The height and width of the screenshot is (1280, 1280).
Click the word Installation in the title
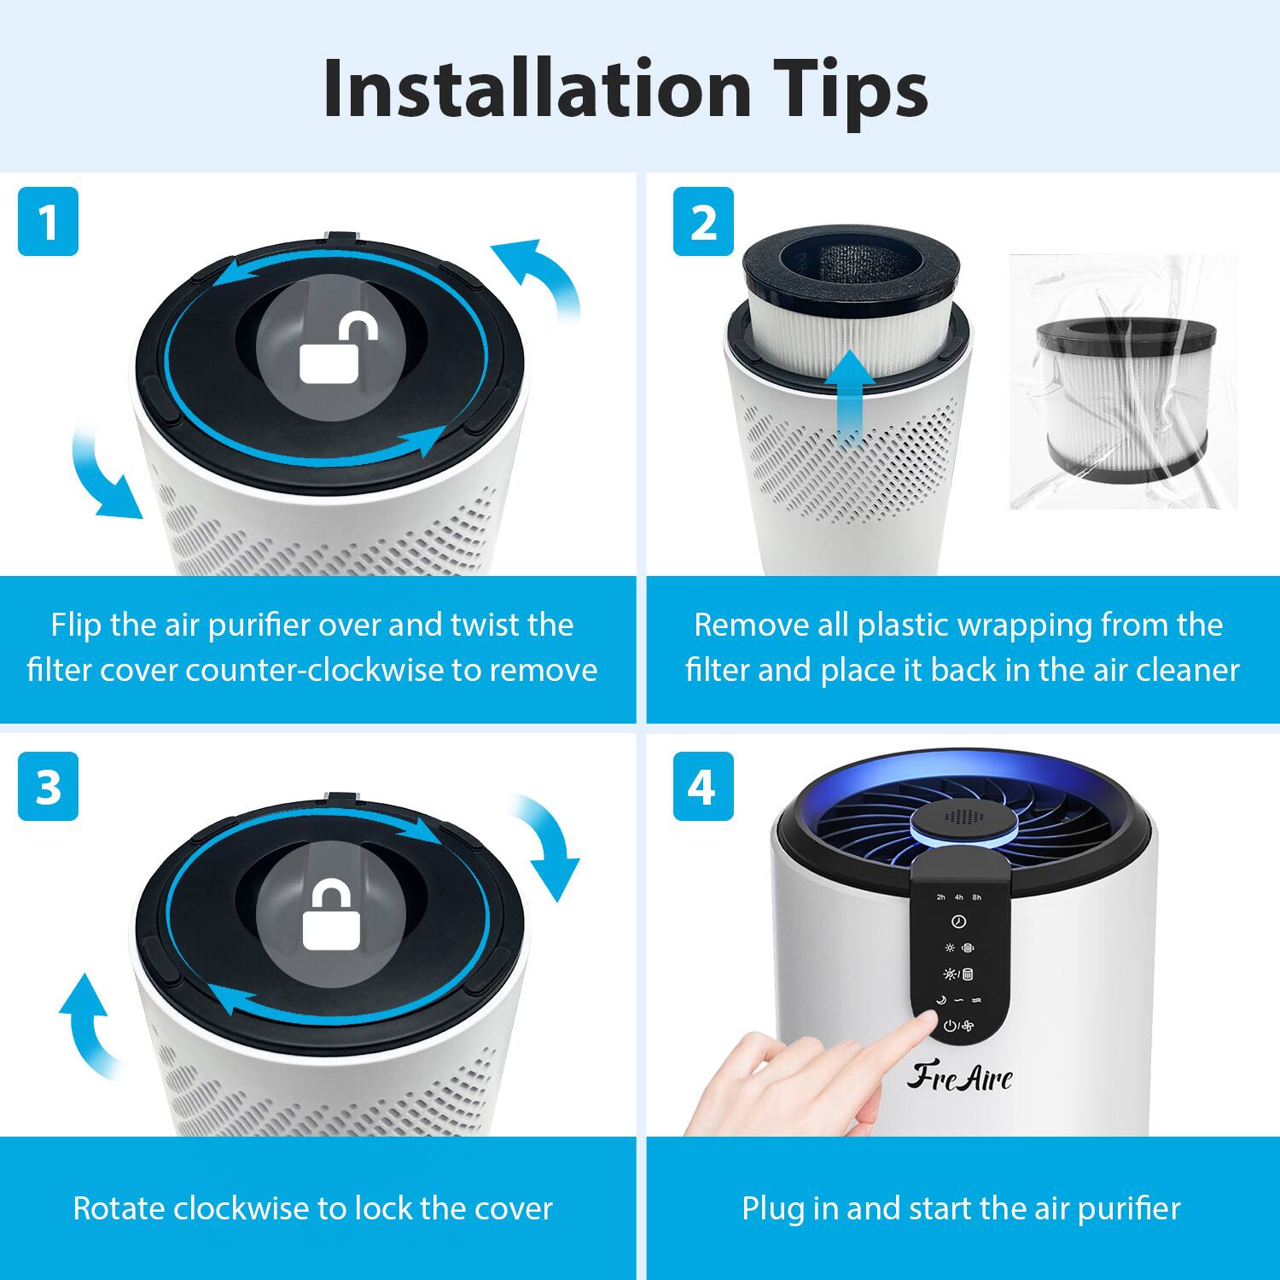pyautogui.click(x=536, y=90)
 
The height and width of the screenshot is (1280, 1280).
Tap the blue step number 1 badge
pyautogui.click(x=48, y=222)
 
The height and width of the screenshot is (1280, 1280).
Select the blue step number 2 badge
pyautogui.click(x=703, y=222)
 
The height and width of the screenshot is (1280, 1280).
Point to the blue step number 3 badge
pyautogui.click(x=48, y=786)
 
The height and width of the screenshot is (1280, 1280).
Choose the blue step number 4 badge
pyautogui.click(x=703, y=786)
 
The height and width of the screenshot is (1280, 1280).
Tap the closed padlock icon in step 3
pyautogui.click(x=331, y=917)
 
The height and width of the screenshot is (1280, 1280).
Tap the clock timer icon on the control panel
pyautogui.click(x=958, y=922)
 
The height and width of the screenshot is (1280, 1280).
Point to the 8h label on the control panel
pyautogui.click(x=977, y=898)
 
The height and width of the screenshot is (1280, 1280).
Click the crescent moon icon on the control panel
pyautogui.click(x=941, y=1000)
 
